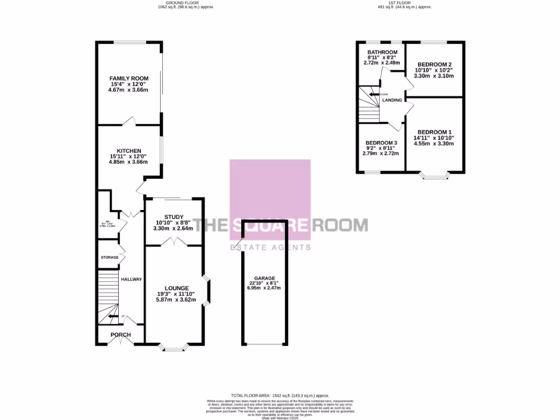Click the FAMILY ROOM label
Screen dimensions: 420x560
[x=129, y=79]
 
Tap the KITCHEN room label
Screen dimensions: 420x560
[x=129, y=151]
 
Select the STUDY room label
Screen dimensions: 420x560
[x=173, y=217]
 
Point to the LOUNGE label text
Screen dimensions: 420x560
[x=177, y=288]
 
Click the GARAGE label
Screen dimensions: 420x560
[x=264, y=278]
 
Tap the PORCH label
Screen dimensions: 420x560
[x=120, y=335]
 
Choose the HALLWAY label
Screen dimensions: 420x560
[x=131, y=279]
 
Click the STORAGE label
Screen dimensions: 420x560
[x=109, y=257]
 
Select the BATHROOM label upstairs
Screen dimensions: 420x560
[x=382, y=52]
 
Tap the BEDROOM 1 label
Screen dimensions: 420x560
[x=434, y=132]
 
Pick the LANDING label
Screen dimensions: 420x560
[x=393, y=100]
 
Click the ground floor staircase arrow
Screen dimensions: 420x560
[x=112, y=316]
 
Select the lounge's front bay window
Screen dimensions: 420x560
[x=175, y=347]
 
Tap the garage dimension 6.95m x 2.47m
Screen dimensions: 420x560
[x=264, y=288]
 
